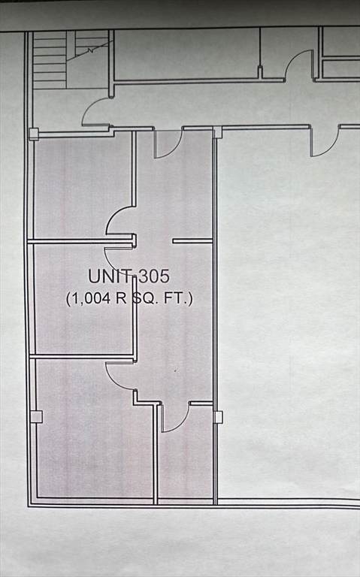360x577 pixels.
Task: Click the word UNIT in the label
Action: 110,276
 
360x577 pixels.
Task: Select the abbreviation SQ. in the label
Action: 145,298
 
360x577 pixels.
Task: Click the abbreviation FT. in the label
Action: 175,298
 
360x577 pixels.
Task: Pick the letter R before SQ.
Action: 121,298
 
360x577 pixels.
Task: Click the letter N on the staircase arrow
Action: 90,51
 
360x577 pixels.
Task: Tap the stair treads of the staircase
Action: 50,59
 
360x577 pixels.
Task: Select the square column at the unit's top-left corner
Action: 34,134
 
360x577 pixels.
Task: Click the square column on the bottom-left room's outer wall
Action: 36,416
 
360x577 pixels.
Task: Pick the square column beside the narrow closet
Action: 218,417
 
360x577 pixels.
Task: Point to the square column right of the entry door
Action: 217,131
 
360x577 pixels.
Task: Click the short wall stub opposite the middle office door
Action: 192,241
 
